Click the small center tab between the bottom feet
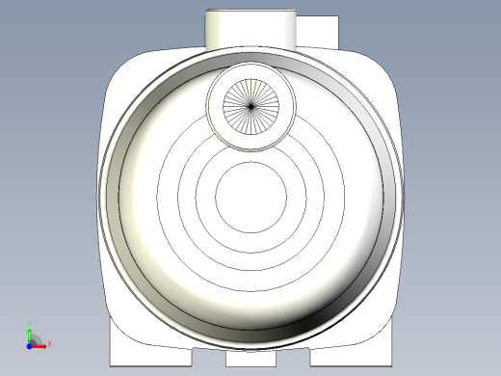(x=250, y=358)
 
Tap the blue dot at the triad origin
(x=30, y=343)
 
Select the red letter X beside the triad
(x=48, y=343)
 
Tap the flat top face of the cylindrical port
(x=250, y=13)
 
